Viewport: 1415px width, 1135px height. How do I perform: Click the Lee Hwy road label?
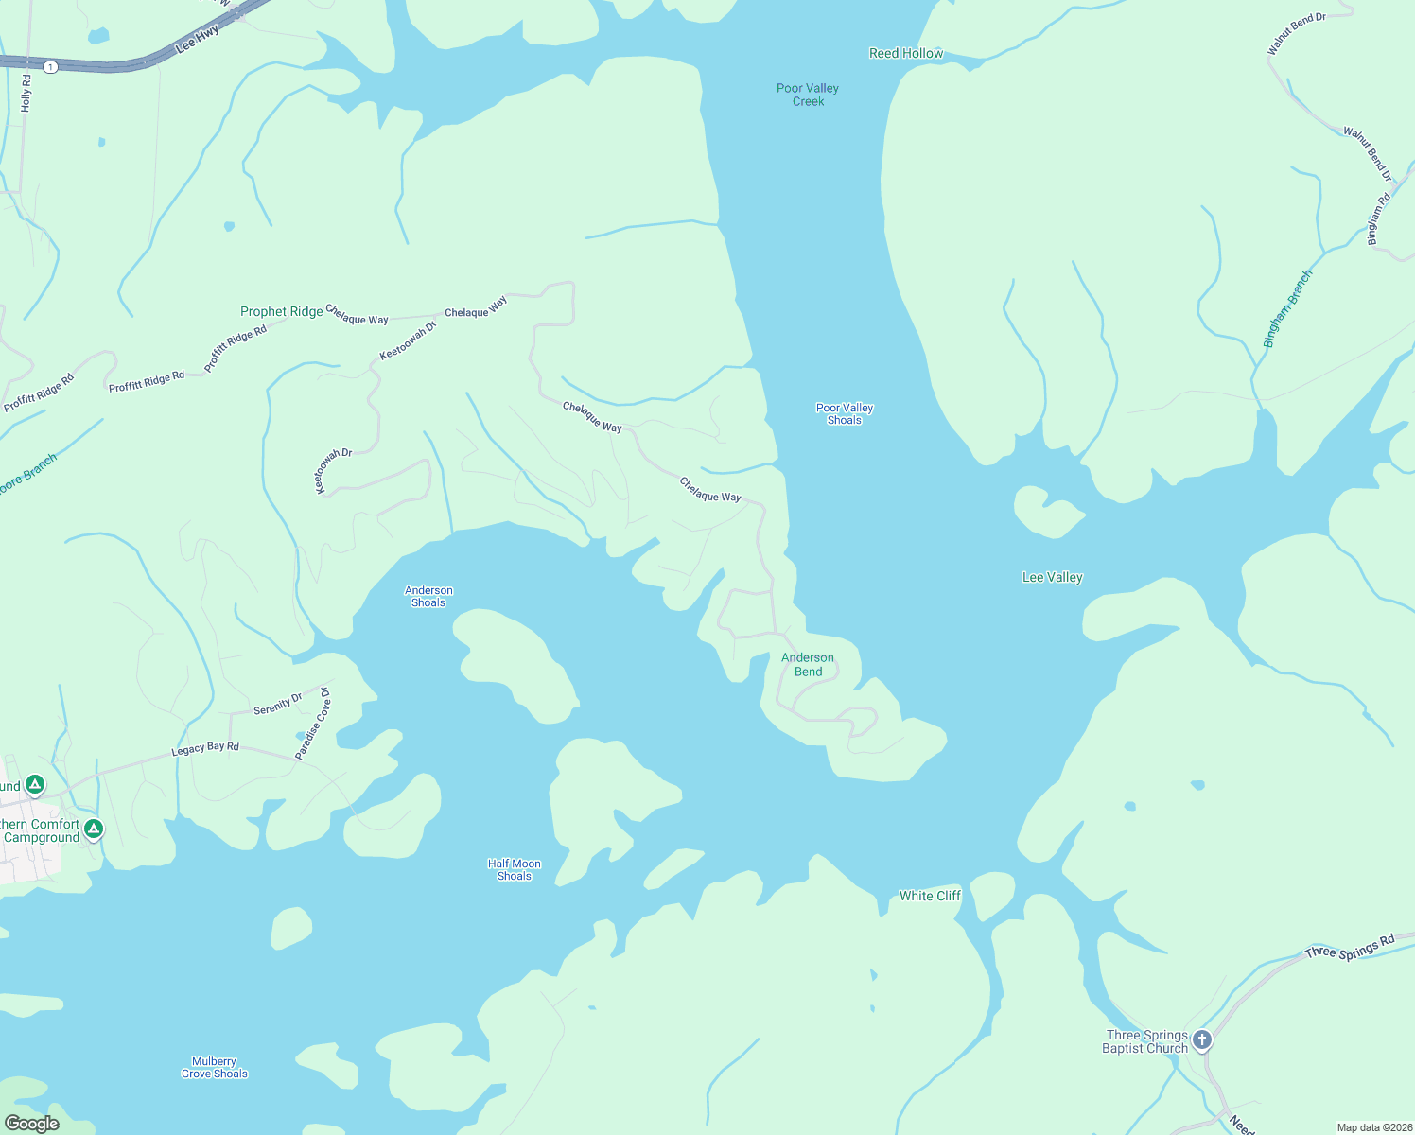point(198,39)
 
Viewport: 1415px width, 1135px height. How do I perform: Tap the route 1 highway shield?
point(50,67)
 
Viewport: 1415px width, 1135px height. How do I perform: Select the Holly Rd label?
point(26,94)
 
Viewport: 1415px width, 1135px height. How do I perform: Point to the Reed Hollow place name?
point(906,54)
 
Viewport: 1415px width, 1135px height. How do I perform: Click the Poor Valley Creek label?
point(808,95)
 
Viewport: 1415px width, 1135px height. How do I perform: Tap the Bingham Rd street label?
point(1379,219)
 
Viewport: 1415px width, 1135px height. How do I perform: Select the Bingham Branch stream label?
point(1288,308)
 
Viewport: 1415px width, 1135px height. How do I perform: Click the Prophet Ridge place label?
point(281,311)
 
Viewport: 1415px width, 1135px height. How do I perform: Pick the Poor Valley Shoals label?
point(845,414)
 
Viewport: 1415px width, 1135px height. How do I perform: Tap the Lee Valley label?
point(1052,577)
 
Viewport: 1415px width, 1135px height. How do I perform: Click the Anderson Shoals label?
point(428,597)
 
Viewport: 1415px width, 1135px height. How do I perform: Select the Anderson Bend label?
point(808,665)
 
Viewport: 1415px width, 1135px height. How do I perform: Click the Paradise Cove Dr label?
point(313,724)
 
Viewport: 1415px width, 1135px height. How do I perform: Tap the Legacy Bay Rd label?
point(205,748)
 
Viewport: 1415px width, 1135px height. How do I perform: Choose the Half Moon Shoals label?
point(515,870)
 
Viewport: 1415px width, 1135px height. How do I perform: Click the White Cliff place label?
point(930,896)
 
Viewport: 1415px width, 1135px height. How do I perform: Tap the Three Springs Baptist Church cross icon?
point(1202,1040)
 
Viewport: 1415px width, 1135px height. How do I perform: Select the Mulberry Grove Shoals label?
point(215,1068)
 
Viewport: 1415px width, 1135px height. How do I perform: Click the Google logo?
point(32,1123)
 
